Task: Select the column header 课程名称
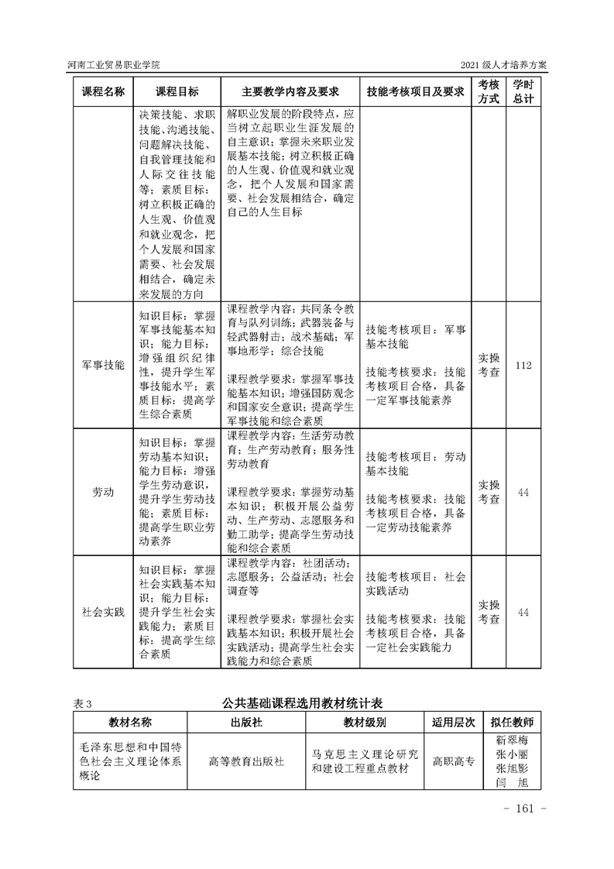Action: click(x=103, y=91)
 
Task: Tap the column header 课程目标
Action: click(x=177, y=91)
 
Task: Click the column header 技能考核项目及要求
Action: click(x=415, y=91)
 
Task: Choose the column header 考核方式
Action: click(x=488, y=91)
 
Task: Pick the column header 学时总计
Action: click(x=523, y=91)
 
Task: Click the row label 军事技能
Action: click(x=103, y=364)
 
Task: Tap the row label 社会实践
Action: click(x=103, y=612)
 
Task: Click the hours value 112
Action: click(x=523, y=364)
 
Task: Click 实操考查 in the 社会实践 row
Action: click(x=488, y=612)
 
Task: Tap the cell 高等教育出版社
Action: click(x=247, y=761)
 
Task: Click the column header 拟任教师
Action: click(x=512, y=722)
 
